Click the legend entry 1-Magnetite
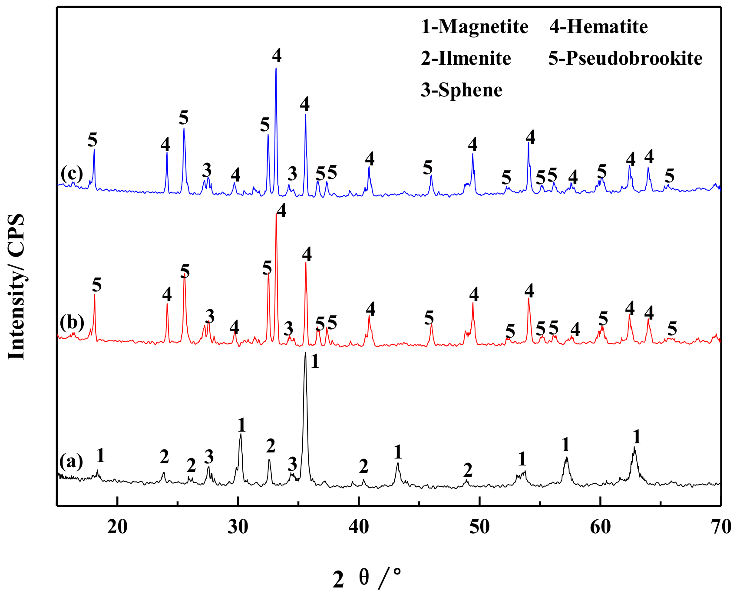475,27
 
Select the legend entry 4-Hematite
598,27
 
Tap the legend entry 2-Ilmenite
466,58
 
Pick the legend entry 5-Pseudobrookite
625,58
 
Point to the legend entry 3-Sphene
462,90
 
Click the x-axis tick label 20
117,526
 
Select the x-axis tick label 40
359,526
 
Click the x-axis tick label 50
479,526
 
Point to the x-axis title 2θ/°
367,578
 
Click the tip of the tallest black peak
306,353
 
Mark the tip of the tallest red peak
276,213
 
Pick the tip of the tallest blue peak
276,68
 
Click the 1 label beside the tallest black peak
315,361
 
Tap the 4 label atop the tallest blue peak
277,55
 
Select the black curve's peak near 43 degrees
398,463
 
